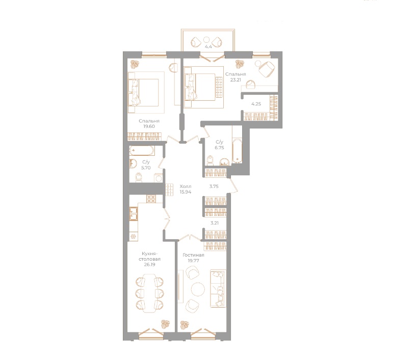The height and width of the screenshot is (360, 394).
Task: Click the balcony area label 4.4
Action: pos(208,47)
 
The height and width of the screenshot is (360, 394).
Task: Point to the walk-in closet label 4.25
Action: pos(256,103)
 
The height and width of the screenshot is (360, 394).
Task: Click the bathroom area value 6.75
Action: pos(220,147)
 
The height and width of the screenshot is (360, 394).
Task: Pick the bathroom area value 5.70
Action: pos(145,167)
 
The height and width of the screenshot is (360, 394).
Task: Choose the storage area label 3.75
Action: pos(214,186)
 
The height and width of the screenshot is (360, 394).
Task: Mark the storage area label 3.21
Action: pos(215,222)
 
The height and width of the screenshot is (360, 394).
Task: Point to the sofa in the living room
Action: pos(219,288)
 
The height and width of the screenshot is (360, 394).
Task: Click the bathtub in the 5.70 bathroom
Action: pos(145,151)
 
